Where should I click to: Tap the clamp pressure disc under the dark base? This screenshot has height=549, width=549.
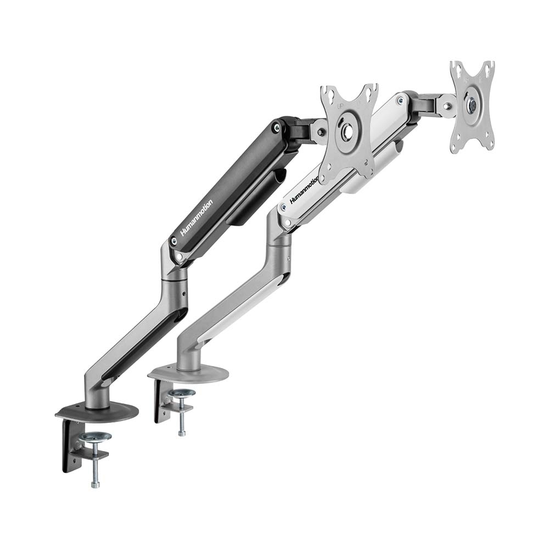pyautogui.click(x=94, y=437)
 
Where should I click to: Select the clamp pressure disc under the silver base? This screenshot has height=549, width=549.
pyautogui.click(x=182, y=393)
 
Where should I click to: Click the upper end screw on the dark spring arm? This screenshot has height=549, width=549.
pyautogui.click(x=276, y=127)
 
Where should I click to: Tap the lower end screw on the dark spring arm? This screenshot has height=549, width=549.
pyautogui.click(x=174, y=240)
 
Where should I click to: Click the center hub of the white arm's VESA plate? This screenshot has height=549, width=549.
pyautogui.click(x=472, y=104)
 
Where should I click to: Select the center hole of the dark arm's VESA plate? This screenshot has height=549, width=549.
pyautogui.click(x=347, y=132)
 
